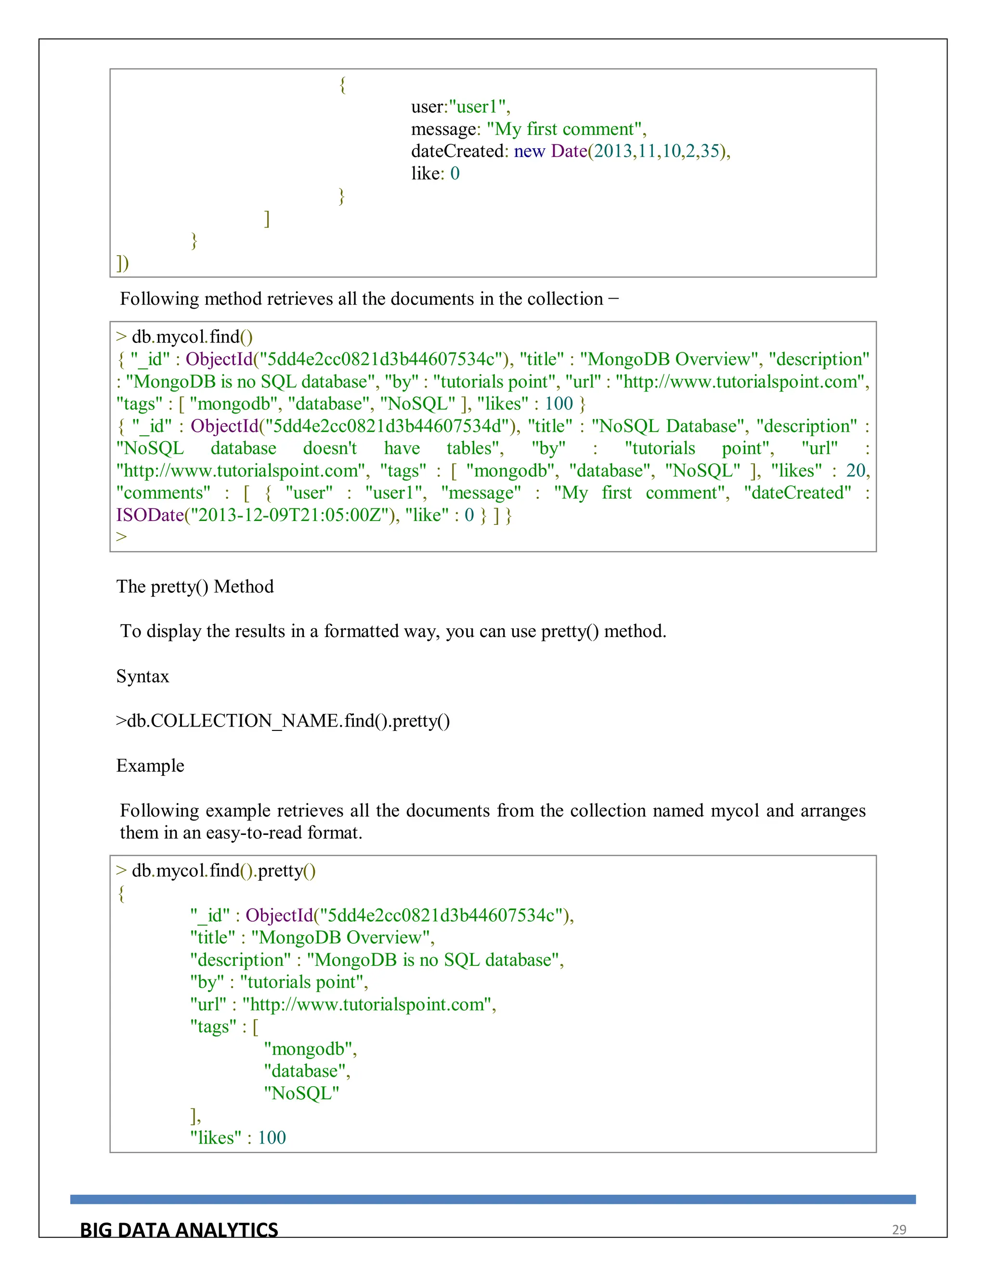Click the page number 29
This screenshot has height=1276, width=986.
click(898, 1230)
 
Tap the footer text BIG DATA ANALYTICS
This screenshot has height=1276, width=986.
click(179, 1230)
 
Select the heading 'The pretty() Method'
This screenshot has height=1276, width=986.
click(195, 586)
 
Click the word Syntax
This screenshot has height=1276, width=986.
click(143, 677)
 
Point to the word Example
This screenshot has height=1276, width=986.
click(150, 766)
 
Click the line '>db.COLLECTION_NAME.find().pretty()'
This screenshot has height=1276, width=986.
click(283, 721)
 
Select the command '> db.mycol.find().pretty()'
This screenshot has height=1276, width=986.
click(216, 871)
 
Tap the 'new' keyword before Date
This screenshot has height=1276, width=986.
click(529, 151)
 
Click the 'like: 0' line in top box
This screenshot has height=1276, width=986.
click(435, 173)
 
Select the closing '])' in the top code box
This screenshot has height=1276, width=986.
click(123, 263)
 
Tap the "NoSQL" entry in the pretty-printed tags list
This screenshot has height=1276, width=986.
click(301, 1093)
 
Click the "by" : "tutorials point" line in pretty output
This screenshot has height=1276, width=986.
click(279, 982)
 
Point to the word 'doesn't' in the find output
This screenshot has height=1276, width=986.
click(329, 449)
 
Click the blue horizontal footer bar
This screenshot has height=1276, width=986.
click(493, 1199)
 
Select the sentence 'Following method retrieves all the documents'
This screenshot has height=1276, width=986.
click(369, 299)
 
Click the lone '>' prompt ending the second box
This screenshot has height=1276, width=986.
click(121, 536)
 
